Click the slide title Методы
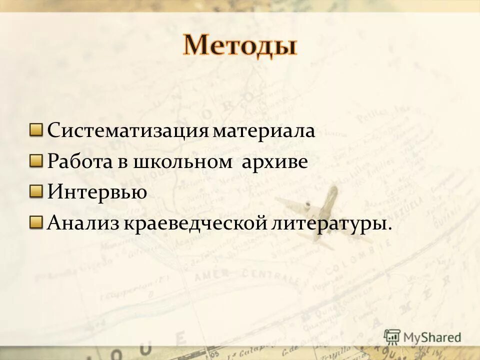click(x=239, y=45)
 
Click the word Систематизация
click(x=127, y=131)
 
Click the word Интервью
click(x=97, y=192)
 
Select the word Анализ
click(x=82, y=222)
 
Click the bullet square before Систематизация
click(x=36, y=130)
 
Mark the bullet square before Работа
click(x=36, y=161)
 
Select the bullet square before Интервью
click(x=36, y=191)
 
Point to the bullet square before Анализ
click(x=36, y=221)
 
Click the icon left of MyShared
click(x=392, y=337)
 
